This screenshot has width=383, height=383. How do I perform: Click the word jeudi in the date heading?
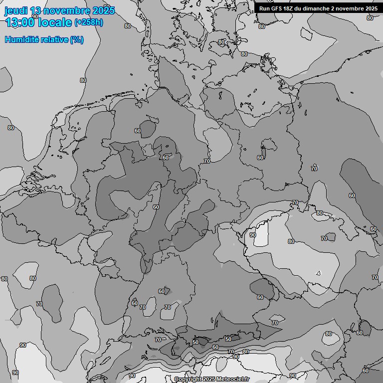click(15, 10)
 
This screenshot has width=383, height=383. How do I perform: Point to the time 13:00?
click(20, 22)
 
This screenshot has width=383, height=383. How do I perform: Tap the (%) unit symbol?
click(77, 39)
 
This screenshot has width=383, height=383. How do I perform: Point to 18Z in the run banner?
click(290, 8)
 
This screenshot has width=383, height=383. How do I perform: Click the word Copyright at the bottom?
click(188, 380)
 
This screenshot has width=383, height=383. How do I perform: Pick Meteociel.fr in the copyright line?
click(233, 380)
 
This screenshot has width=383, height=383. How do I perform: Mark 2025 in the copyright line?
click(209, 380)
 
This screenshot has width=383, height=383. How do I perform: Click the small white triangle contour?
click(318, 273)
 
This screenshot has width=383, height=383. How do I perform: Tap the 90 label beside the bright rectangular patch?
click(253, 235)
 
